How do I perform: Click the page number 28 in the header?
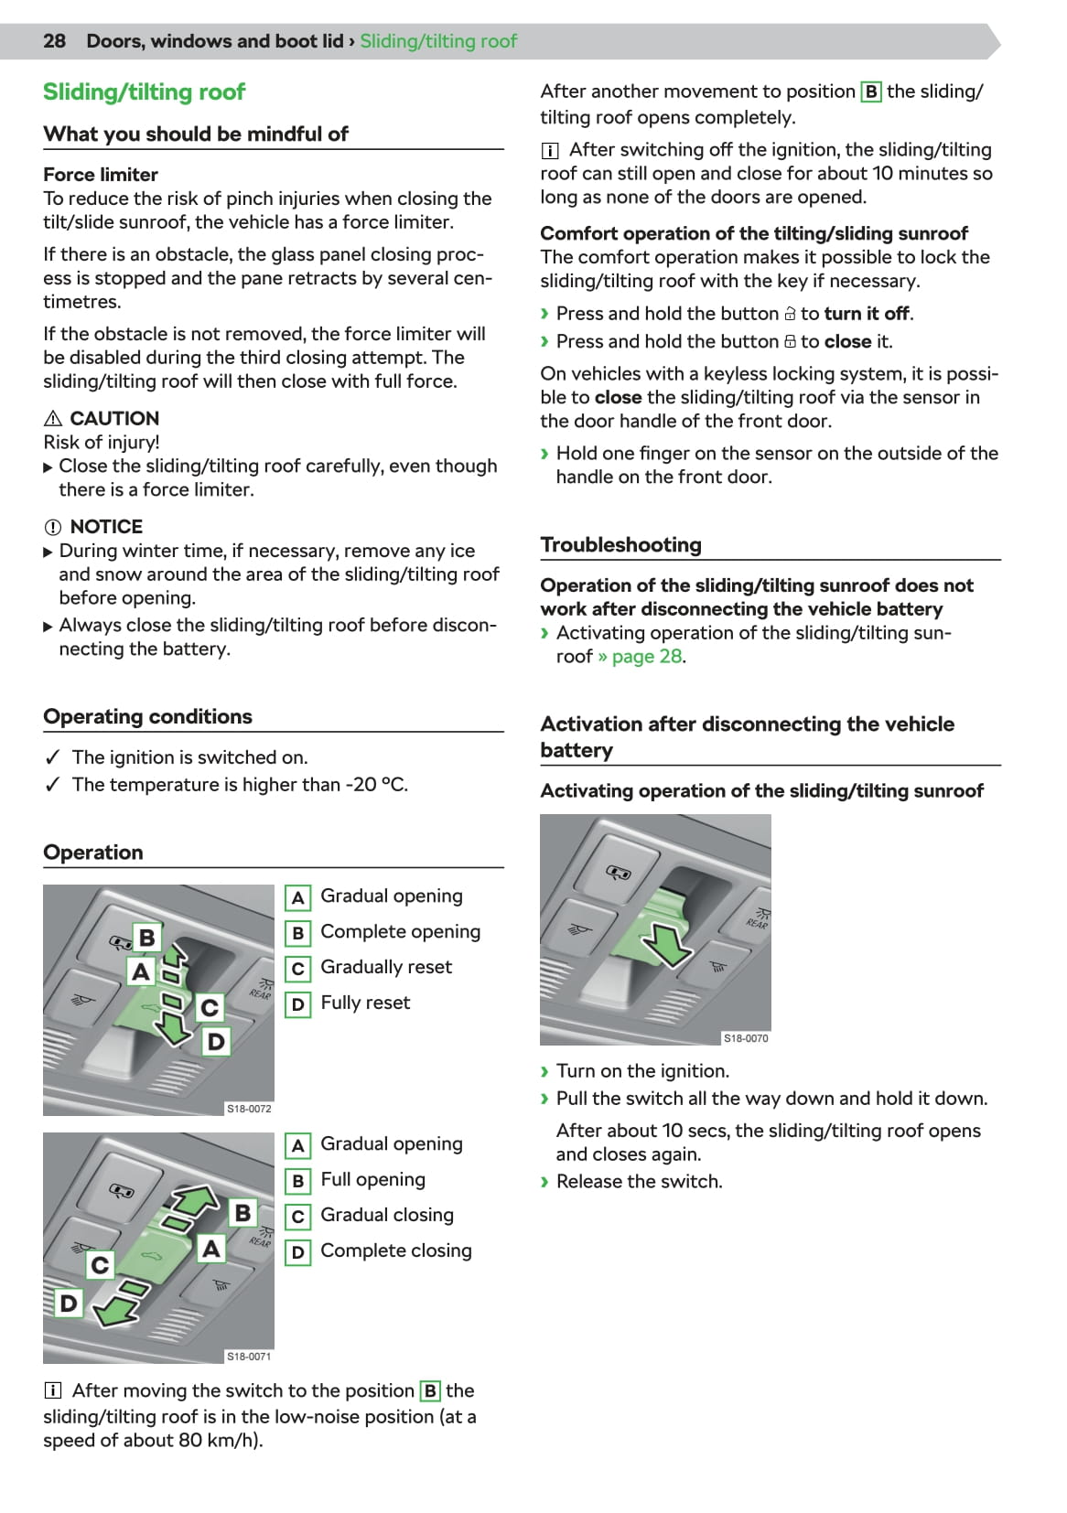pos(54,41)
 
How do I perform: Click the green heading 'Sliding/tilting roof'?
pos(144,91)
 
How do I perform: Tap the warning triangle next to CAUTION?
pos(52,419)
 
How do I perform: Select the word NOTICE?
pos(106,527)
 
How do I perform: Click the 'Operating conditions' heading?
pos(147,716)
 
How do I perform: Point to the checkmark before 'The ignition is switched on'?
pos(53,757)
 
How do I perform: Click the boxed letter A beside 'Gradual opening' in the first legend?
pos(297,897)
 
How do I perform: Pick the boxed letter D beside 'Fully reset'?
pos(297,1004)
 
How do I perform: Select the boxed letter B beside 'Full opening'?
pos(297,1181)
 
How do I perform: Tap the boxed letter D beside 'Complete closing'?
pos(297,1252)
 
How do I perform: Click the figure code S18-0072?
pos(249,1109)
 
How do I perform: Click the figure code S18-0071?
pos(249,1357)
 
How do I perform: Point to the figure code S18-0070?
pos(746,1038)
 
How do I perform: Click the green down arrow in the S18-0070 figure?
pos(670,944)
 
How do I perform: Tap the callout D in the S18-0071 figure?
pos(69,1303)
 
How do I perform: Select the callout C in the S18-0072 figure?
pos(210,1007)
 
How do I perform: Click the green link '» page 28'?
pos(641,657)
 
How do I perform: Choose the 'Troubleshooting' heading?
pos(620,545)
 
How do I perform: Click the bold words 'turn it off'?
pos(867,314)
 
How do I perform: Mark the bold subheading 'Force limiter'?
pos(101,175)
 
